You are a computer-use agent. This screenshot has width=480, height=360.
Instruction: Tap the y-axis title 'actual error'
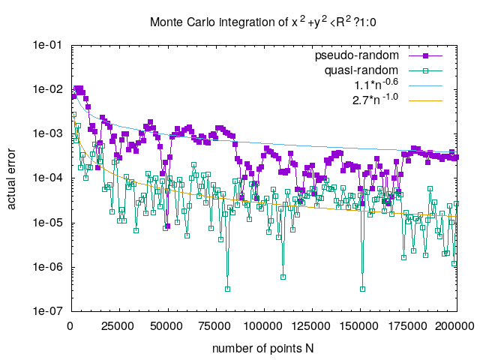[13, 178]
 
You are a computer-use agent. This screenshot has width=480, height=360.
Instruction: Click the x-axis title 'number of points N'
[263, 348]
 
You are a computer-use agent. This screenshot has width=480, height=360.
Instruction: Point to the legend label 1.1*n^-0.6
[378, 85]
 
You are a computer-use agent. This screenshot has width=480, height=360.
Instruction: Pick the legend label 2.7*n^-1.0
[378, 99]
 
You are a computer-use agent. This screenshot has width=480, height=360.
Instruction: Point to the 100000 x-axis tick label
[263, 326]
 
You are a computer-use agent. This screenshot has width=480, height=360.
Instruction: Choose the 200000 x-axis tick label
[457, 326]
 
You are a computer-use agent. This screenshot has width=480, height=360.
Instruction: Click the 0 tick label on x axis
[70, 326]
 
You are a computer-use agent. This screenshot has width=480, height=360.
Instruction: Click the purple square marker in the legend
[425, 56]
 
